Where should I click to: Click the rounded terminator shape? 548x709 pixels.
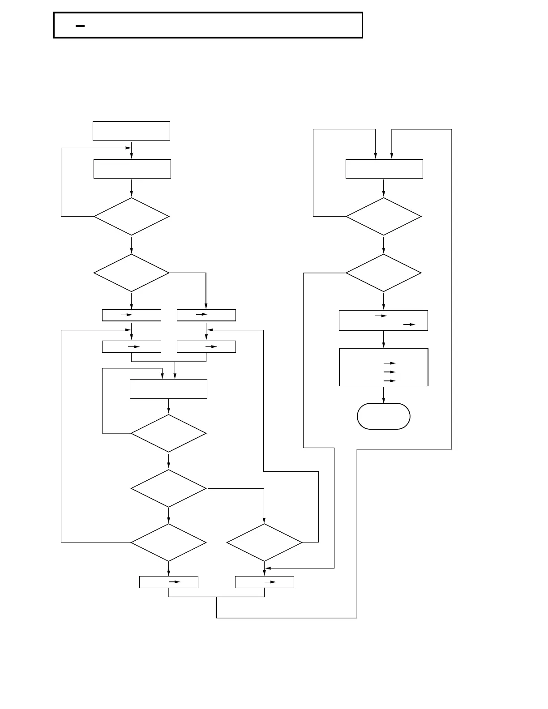pyautogui.click(x=383, y=416)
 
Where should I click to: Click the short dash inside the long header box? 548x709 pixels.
pyautogui.click(x=80, y=26)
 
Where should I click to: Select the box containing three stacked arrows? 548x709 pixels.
pyautogui.click(x=384, y=367)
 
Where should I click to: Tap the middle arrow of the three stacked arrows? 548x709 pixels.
pyautogui.click(x=390, y=372)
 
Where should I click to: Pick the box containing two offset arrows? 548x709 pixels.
pyautogui.click(x=383, y=320)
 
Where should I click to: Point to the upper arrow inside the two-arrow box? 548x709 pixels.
pyautogui.click(x=381, y=316)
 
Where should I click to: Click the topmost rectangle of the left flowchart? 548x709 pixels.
pyautogui.click(x=131, y=131)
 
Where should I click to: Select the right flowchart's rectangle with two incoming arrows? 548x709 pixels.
pyautogui.click(x=384, y=169)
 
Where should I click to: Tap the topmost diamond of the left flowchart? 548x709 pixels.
pyautogui.click(x=132, y=217)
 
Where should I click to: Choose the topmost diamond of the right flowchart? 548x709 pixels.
pyautogui.click(x=384, y=217)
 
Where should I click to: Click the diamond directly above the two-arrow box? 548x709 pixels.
pyautogui.click(x=384, y=273)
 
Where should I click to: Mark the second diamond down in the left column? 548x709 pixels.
pyautogui.click(x=132, y=273)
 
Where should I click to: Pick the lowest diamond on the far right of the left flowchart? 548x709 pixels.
pyautogui.click(x=265, y=542)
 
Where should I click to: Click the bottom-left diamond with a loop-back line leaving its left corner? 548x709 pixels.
pyautogui.click(x=169, y=542)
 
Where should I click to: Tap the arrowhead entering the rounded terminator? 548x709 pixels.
pyautogui.click(x=384, y=401)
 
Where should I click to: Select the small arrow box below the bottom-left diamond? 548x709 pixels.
pyautogui.click(x=169, y=582)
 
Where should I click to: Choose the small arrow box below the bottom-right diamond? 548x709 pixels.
pyautogui.click(x=265, y=582)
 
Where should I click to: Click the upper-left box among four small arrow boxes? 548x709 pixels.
pyautogui.click(x=132, y=315)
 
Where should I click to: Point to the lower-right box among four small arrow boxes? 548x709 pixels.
pyautogui.click(x=206, y=346)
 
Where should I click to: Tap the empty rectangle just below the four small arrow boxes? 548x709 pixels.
pyautogui.click(x=168, y=389)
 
